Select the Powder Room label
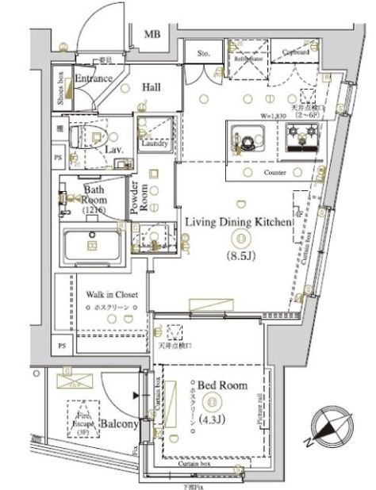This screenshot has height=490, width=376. click(139, 201)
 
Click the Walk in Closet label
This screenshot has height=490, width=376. click(111, 294)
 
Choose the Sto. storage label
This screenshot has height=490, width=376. click(202, 55)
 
